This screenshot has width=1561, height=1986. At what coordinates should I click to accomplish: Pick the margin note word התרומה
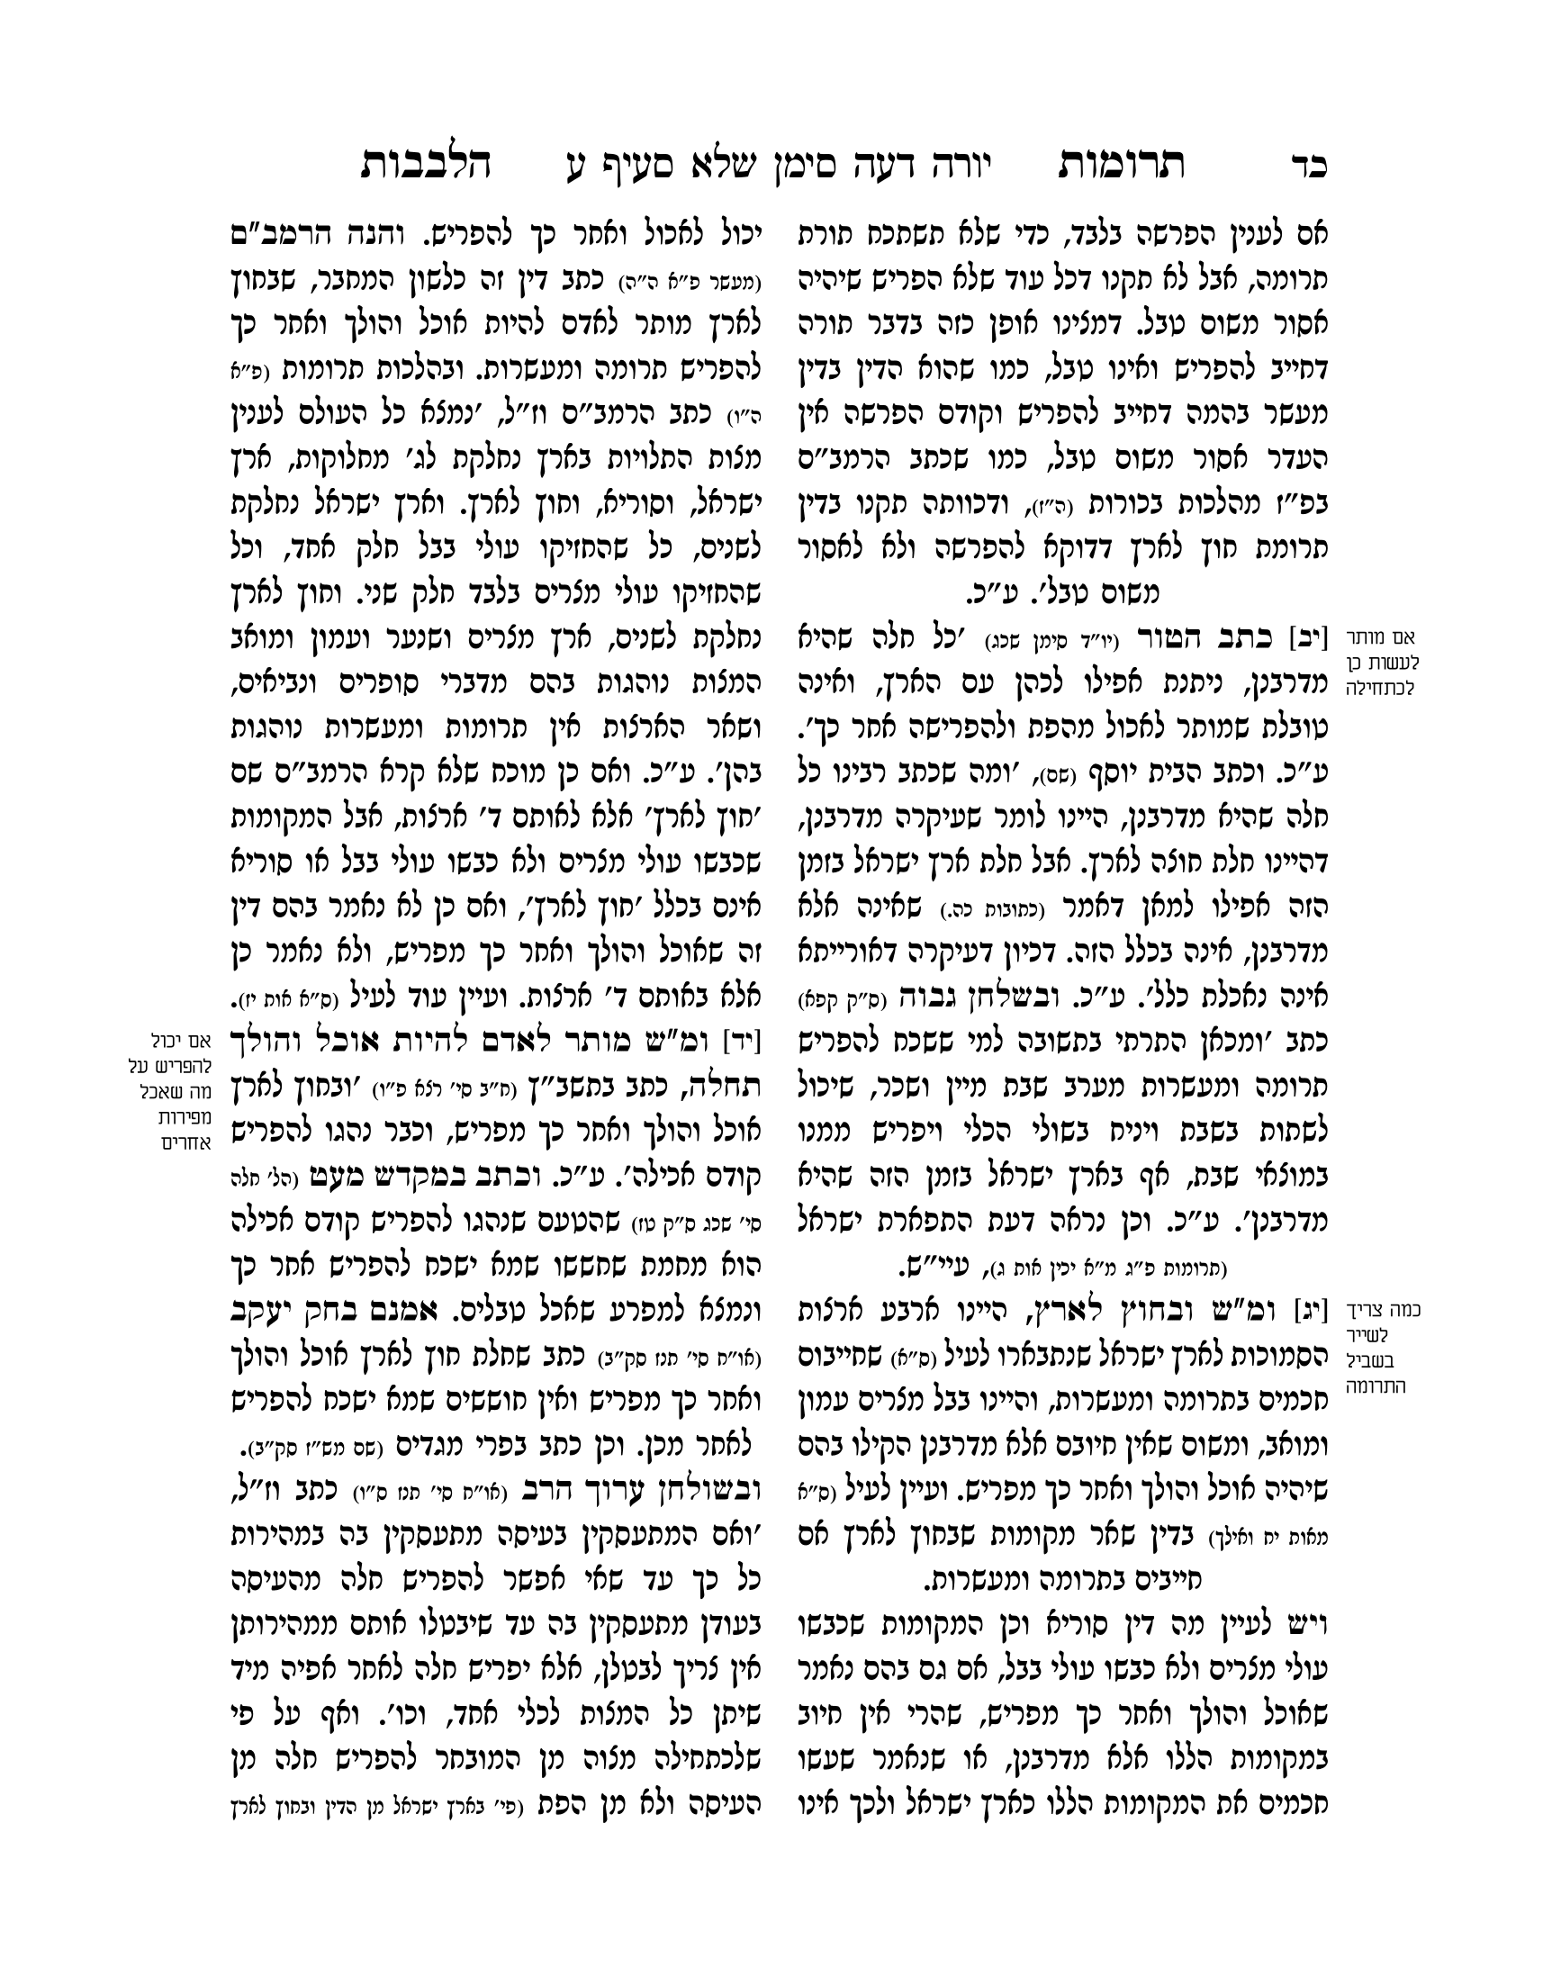(x=1376, y=1386)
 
